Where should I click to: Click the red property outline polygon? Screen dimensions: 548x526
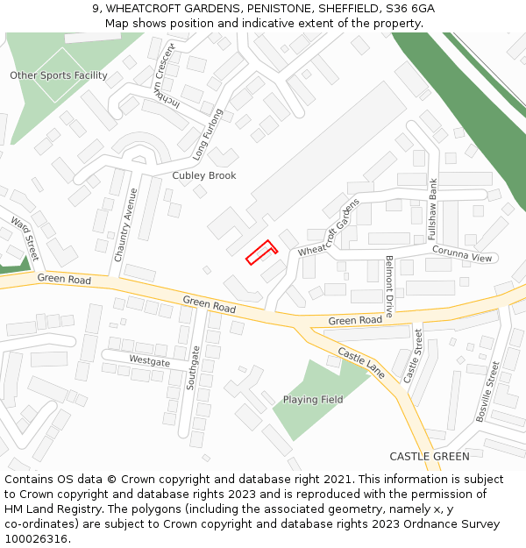(x=261, y=253)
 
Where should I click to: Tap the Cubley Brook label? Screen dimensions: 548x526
(x=204, y=175)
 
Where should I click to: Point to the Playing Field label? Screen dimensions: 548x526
(x=313, y=400)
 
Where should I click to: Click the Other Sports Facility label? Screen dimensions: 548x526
(x=59, y=75)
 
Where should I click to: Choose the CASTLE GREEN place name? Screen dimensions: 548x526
(x=430, y=456)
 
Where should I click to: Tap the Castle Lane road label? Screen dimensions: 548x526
(x=362, y=362)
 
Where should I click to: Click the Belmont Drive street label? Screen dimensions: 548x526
(x=389, y=285)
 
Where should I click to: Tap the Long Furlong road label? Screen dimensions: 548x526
(x=209, y=135)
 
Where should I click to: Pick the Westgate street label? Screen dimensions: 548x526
(x=149, y=361)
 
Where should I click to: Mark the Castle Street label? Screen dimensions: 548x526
(x=413, y=355)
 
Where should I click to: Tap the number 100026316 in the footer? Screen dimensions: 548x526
(x=38, y=538)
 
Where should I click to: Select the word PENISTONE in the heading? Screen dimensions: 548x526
(x=259, y=9)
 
